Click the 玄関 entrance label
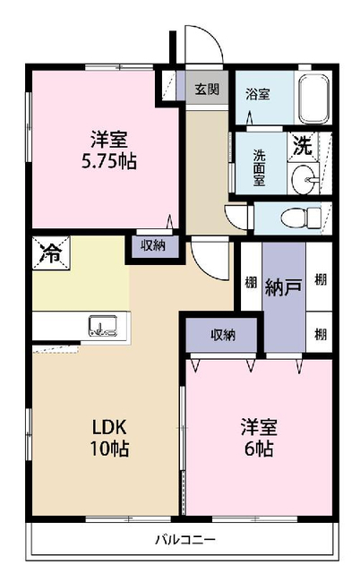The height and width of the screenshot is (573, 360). pyautogui.click(x=207, y=89)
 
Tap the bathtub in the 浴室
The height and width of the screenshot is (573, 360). pyautogui.click(x=313, y=98)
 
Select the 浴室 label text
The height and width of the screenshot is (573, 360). pyautogui.click(x=258, y=94)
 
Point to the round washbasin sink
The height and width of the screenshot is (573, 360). pyautogui.click(x=303, y=179)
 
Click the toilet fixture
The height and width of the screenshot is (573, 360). pyautogui.click(x=301, y=218)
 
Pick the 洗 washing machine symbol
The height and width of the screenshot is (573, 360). pyautogui.click(x=303, y=146)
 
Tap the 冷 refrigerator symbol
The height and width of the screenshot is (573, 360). pyautogui.click(x=51, y=252)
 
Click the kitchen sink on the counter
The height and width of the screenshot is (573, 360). pyautogui.click(x=103, y=326)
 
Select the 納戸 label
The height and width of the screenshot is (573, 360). pyautogui.click(x=283, y=287)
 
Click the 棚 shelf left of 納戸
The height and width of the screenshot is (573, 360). pyautogui.click(x=251, y=282)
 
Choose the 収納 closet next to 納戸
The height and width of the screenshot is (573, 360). pyautogui.click(x=223, y=335)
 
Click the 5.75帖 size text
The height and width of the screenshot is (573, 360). pyautogui.click(x=109, y=161)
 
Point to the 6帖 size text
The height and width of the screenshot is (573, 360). pyautogui.click(x=259, y=448)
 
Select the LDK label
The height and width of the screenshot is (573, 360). pyautogui.click(x=109, y=427)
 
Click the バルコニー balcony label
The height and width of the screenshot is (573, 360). pyautogui.click(x=185, y=539)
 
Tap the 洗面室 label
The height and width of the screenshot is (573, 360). pyautogui.click(x=259, y=168)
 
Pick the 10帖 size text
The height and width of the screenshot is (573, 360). pyautogui.click(x=109, y=449)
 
